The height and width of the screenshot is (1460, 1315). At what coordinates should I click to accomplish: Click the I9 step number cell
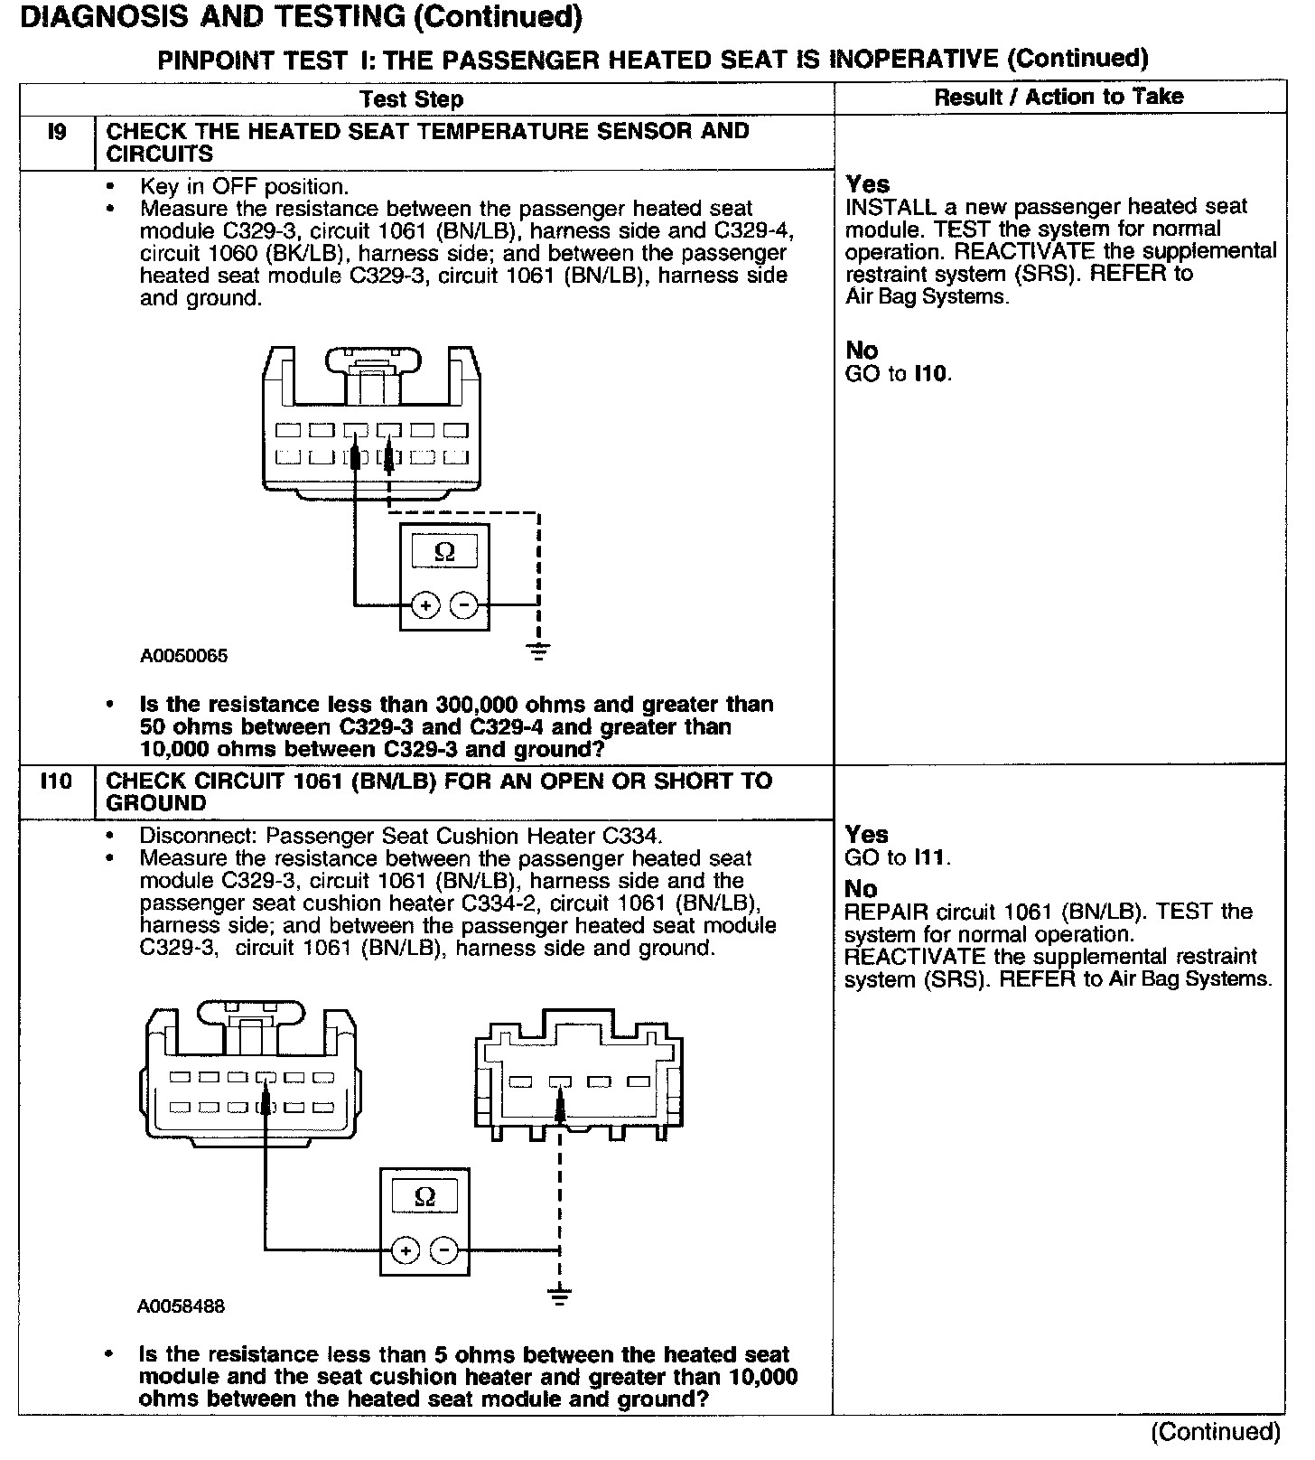(x=56, y=133)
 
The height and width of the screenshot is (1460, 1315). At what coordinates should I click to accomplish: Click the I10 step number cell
(x=56, y=781)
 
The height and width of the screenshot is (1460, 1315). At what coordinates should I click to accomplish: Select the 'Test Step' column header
(x=411, y=98)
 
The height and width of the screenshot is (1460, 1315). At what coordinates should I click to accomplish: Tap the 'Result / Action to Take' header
(x=1059, y=97)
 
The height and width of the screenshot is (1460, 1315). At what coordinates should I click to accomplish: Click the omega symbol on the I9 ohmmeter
(x=444, y=551)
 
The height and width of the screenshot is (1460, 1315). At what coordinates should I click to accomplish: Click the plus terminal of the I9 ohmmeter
(x=425, y=604)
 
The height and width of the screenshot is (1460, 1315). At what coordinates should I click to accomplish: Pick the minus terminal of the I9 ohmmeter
(x=463, y=604)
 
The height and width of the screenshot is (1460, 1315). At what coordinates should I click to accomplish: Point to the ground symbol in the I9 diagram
(x=538, y=650)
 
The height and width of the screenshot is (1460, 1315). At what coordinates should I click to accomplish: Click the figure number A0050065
(x=183, y=657)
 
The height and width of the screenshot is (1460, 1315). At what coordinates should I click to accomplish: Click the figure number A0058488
(x=182, y=1306)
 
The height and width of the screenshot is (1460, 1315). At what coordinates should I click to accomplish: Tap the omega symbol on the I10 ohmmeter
(x=424, y=1198)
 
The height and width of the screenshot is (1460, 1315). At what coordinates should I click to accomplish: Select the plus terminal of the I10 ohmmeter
(x=406, y=1251)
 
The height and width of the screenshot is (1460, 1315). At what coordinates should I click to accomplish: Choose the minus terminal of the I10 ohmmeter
(x=443, y=1251)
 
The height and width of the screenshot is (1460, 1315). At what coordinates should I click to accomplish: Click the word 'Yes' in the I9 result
(x=867, y=184)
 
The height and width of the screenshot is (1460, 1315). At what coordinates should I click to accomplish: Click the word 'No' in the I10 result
(x=861, y=889)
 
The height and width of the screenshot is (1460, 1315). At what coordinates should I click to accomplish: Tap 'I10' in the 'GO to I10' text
(x=932, y=373)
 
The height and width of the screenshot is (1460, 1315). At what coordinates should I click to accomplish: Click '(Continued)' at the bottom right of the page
(x=1215, y=1431)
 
